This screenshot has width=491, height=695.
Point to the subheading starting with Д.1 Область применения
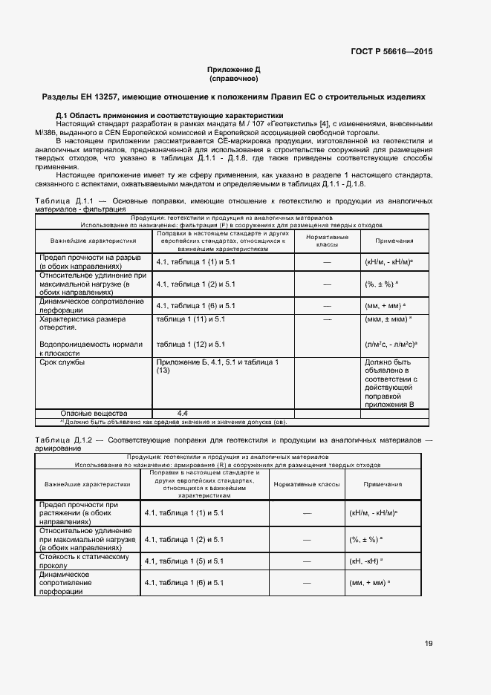[169, 115]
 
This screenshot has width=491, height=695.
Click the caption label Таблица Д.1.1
[61, 201]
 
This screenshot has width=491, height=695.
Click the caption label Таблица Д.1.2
[61, 440]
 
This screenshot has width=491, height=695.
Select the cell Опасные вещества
[94, 413]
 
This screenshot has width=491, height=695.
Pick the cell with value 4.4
[183, 413]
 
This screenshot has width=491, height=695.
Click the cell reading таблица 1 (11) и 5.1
[191, 319]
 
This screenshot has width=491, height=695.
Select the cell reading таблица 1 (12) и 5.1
[191, 345]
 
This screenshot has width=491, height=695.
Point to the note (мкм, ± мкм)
[388, 319]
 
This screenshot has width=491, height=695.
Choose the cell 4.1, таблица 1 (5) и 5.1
[183, 561]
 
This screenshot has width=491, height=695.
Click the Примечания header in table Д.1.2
[383, 484]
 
